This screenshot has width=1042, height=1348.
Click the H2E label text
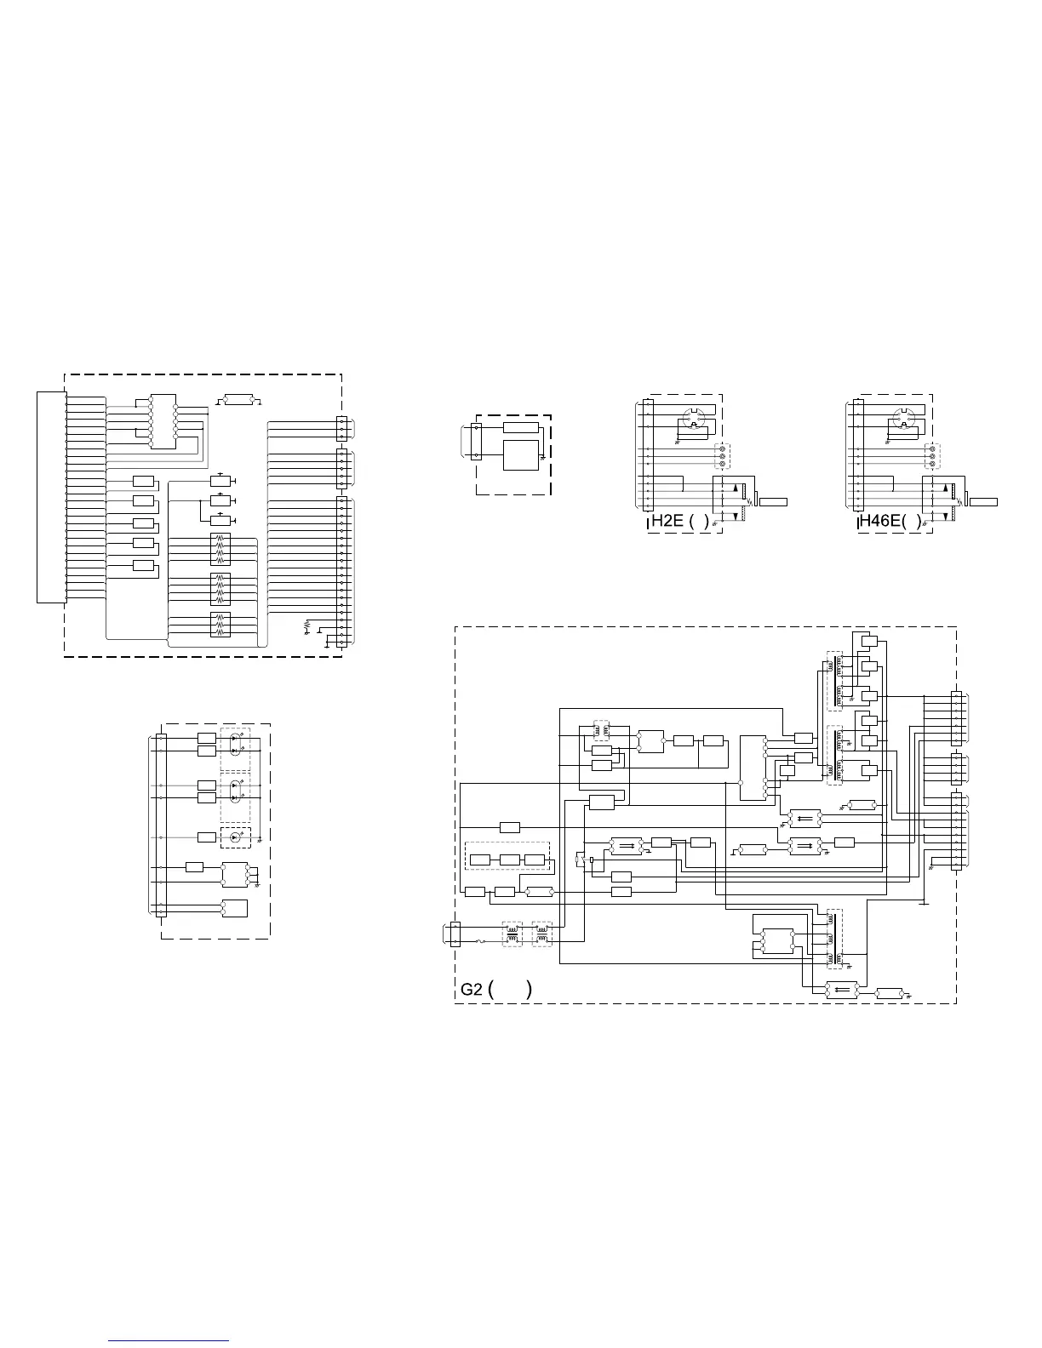(667, 521)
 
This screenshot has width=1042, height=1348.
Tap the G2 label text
(471, 990)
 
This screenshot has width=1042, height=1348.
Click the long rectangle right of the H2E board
(773, 502)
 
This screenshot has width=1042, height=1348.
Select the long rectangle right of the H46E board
(983, 502)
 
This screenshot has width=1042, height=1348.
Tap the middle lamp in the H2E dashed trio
(723, 456)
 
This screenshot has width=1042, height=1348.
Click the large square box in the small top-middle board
(521, 455)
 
